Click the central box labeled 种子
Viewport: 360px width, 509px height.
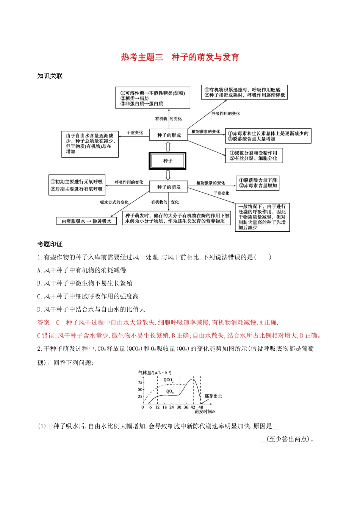click(167, 161)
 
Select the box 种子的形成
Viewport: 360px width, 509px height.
click(169, 135)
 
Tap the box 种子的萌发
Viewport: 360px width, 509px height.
click(169, 187)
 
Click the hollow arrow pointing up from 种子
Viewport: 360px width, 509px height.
click(168, 146)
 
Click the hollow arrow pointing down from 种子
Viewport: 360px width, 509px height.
click(168, 175)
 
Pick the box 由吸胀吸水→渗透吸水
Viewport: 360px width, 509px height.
click(86, 221)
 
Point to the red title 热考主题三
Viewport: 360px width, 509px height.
click(142, 57)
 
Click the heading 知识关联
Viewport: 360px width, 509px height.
click(50, 76)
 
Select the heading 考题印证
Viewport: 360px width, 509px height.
click(50, 244)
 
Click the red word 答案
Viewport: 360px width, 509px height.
click(44, 323)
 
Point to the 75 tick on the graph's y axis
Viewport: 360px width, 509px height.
click(140, 383)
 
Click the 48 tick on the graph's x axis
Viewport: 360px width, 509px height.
click(201, 408)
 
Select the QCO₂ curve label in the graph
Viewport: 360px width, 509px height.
click(168, 380)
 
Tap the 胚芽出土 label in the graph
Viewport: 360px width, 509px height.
click(213, 396)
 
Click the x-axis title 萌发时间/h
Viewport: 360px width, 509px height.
click(205, 412)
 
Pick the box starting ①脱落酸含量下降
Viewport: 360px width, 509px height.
click(258, 183)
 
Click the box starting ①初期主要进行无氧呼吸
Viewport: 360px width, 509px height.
click(77, 185)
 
